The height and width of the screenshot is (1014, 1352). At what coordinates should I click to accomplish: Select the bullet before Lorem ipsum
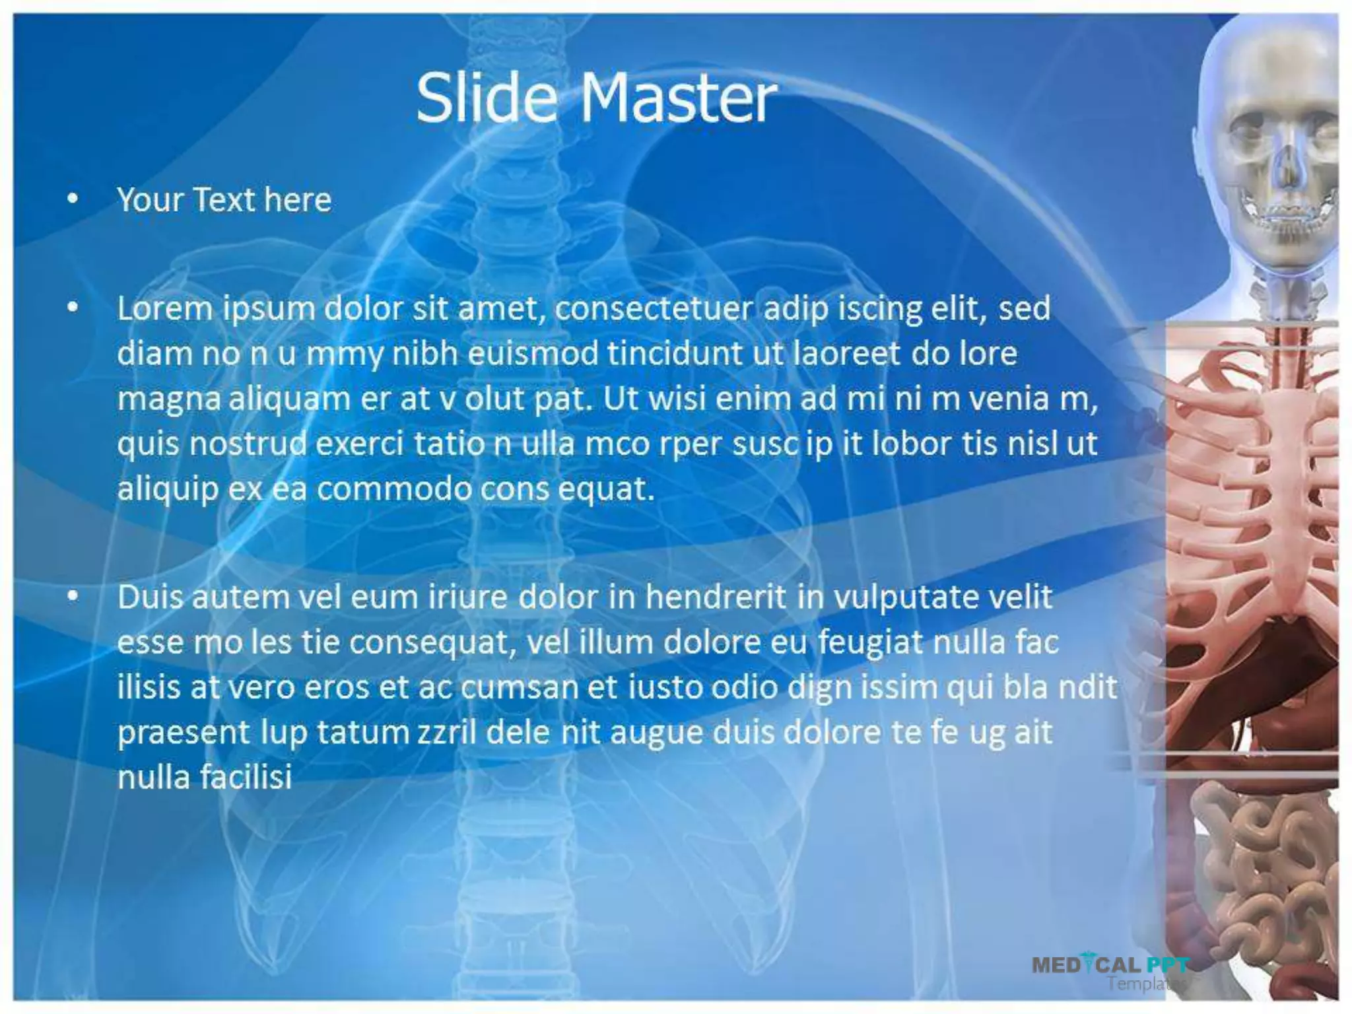pyautogui.click(x=73, y=307)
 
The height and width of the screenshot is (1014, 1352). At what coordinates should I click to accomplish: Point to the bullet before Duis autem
pyautogui.click(x=73, y=596)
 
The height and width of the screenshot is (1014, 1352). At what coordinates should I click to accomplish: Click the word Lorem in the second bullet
pyautogui.click(x=164, y=308)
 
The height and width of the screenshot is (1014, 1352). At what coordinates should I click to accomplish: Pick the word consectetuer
pyautogui.click(x=653, y=308)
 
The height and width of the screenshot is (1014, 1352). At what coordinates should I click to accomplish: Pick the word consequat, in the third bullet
pyautogui.click(x=432, y=642)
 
